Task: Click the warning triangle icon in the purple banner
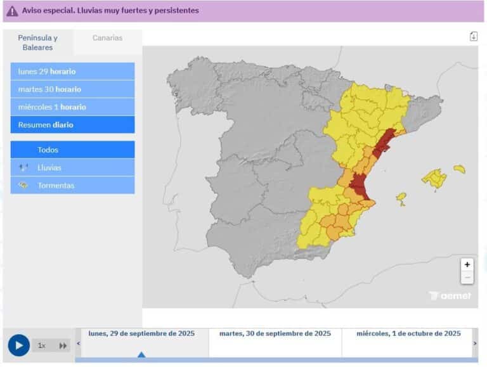[12, 11]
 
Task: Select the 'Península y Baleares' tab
[38, 42]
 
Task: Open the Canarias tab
[108, 38]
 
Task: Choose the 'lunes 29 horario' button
[72, 72]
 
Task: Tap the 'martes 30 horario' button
[72, 89]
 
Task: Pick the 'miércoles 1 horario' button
[72, 107]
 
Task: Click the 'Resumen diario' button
[72, 125]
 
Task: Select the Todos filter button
[72, 150]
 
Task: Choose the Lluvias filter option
[72, 168]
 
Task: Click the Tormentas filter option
[72, 186]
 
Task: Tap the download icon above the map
[473, 36]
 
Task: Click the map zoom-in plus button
[467, 265]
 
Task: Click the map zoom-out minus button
[467, 278]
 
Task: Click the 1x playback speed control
[42, 345]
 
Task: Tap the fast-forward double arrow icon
[63, 345]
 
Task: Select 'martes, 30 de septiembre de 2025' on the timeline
[275, 334]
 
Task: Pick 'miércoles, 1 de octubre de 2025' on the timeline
[408, 334]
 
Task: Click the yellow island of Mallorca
[435, 178]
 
